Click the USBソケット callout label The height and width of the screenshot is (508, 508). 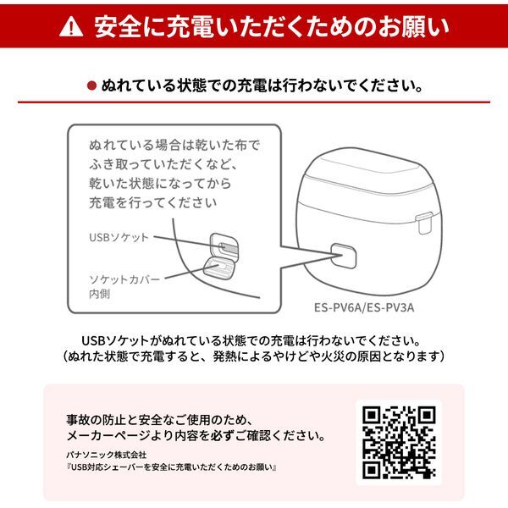coord(119,237)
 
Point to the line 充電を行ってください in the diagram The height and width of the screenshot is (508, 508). coord(152,203)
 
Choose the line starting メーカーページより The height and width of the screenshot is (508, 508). coord(196,437)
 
